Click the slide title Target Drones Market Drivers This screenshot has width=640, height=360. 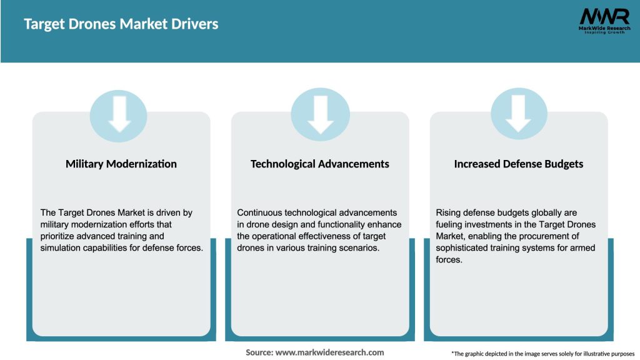(x=121, y=24)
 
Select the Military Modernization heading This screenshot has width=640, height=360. (x=121, y=164)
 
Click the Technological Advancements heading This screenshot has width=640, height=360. (x=319, y=164)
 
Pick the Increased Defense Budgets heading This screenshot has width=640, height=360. (x=518, y=164)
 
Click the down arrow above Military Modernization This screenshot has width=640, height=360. (x=119, y=114)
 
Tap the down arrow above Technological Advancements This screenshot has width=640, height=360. (x=320, y=114)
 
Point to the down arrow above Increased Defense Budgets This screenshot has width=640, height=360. (x=519, y=114)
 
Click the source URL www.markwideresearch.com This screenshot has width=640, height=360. (x=330, y=352)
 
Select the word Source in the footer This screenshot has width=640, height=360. (x=259, y=352)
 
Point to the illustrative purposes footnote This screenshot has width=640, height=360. (x=542, y=354)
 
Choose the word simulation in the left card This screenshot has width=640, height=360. (x=63, y=248)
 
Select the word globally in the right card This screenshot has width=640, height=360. (x=535, y=213)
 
